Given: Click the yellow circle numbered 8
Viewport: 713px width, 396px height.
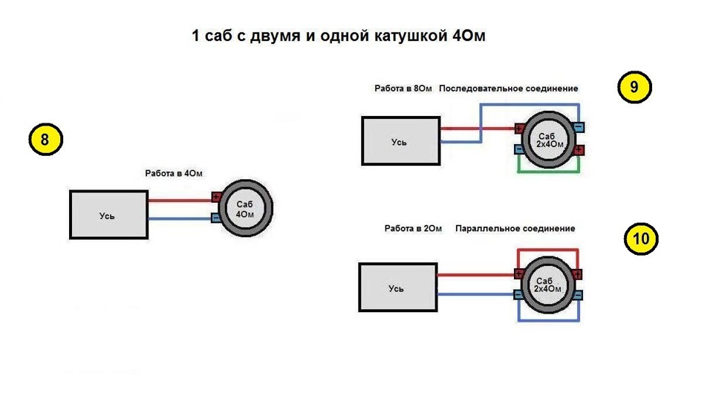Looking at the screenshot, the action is pyautogui.click(x=45, y=139).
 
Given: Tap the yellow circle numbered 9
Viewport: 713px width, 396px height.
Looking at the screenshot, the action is pyautogui.click(x=634, y=87).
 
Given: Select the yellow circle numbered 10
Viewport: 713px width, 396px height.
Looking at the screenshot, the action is pyautogui.click(x=641, y=238).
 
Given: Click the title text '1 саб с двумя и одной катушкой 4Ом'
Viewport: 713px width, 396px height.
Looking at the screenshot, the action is pyautogui.click(x=339, y=36).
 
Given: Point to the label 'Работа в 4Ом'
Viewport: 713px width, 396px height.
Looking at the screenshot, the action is pyautogui.click(x=174, y=173).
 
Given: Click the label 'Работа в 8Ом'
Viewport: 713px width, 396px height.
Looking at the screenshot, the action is pyautogui.click(x=403, y=88).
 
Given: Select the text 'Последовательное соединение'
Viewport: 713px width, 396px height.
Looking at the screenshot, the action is pyautogui.click(x=508, y=88).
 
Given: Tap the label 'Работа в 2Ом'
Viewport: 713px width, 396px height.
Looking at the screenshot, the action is pyautogui.click(x=413, y=228).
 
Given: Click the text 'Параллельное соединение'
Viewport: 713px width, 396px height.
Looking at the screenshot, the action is pyautogui.click(x=515, y=228).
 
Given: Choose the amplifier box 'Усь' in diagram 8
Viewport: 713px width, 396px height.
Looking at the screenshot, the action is pyautogui.click(x=108, y=215).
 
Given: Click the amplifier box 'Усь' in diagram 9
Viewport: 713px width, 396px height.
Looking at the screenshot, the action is pyautogui.click(x=400, y=141).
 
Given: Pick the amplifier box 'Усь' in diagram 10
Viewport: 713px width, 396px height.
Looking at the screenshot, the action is pyautogui.click(x=398, y=288).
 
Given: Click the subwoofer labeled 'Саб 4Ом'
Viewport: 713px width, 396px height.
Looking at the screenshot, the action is pyautogui.click(x=246, y=208).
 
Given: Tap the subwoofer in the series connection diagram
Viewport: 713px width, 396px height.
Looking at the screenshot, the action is pyautogui.click(x=549, y=140).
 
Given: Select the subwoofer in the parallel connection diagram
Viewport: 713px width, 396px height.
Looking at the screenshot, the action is pyautogui.click(x=547, y=285).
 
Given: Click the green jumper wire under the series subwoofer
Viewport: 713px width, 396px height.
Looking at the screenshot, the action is pyautogui.click(x=548, y=172).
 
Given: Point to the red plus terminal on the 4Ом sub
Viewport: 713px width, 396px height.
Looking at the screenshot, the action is pyautogui.click(x=216, y=197).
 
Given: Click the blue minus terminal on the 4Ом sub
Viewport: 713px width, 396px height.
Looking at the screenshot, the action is pyautogui.click(x=216, y=218).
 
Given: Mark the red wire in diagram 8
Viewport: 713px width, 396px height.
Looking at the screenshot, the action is pyautogui.click(x=180, y=200).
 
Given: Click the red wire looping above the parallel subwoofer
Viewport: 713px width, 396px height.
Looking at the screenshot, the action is pyautogui.click(x=547, y=250).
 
